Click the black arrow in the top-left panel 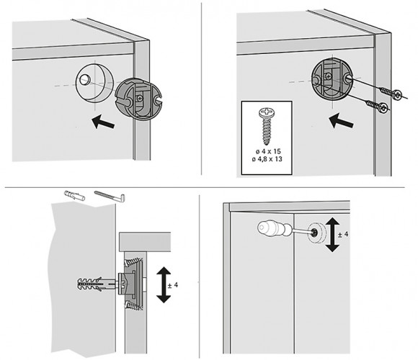(103, 122)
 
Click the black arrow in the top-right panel (341, 120)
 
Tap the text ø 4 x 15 (268, 151)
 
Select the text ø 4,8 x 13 (267, 159)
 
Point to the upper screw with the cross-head (391, 92)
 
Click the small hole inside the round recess (85, 79)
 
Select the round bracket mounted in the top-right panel (332, 80)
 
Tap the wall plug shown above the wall (75, 195)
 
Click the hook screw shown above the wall (110, 197)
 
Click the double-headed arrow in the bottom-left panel (164, 284)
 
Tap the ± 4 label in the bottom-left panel (173, 285)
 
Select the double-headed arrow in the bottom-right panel (332, 234)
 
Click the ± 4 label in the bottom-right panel (343, 234)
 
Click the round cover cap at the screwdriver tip (316, 232)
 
